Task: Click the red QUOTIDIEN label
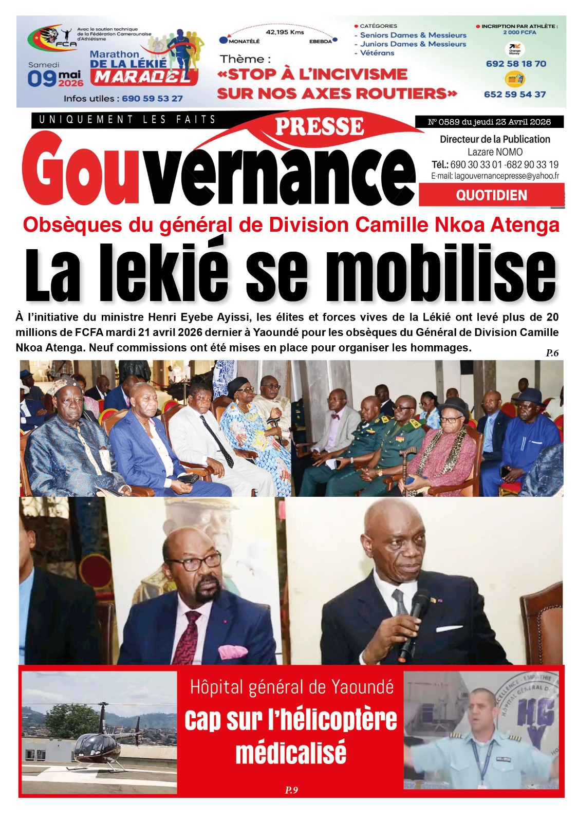pyautogui.click(x=491, y=195)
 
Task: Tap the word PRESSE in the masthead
pyautogui.click(x=319, y=127)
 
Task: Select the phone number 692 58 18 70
pyautogui.click(x=515, y=64)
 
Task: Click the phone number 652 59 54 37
pyautogui.click(x=514, y=95)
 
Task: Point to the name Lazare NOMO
pyautogui.click(x=495, y=152)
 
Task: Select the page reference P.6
pyautogui.click(x=552, y=353)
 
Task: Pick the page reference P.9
pyautogui.click(x=291, y=790)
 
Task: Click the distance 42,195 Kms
pyautogui.click(x=285, y=32)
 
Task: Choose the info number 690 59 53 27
pyautogui.click(x=152, y=98)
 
